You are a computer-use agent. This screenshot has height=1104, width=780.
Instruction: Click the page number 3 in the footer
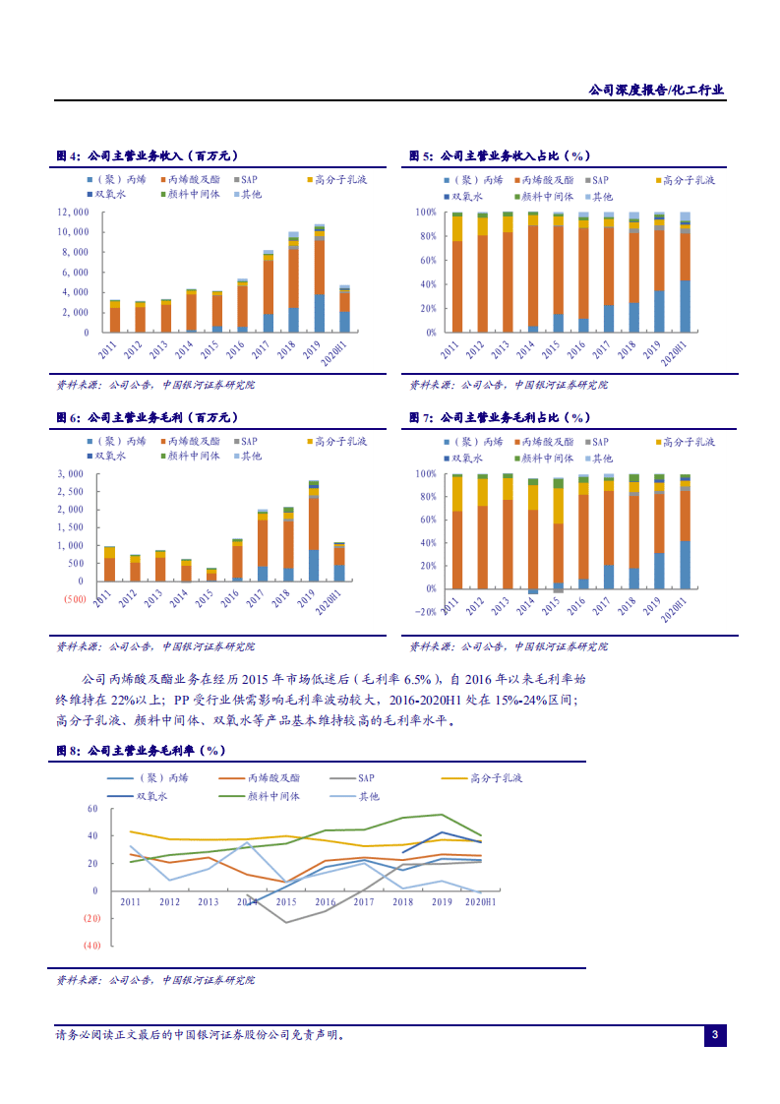(715, 1035)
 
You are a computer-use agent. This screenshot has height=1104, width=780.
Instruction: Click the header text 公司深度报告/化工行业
(656, 90)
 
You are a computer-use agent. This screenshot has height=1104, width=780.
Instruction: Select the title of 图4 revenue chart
(147, 155)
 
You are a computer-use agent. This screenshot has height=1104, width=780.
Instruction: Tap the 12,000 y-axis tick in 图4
(74, 212)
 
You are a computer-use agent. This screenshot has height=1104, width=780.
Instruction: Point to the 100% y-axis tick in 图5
(425, 212)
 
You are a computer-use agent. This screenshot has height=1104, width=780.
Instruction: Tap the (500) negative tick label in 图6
(73, 598)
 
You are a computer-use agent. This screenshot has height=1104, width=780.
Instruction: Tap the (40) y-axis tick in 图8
(91, 946)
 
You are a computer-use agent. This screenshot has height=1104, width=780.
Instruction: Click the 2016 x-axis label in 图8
(325, 902)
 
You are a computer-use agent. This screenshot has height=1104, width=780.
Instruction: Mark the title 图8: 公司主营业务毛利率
(141, 750)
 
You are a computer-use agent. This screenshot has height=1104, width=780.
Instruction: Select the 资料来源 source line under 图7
(508, 646)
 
